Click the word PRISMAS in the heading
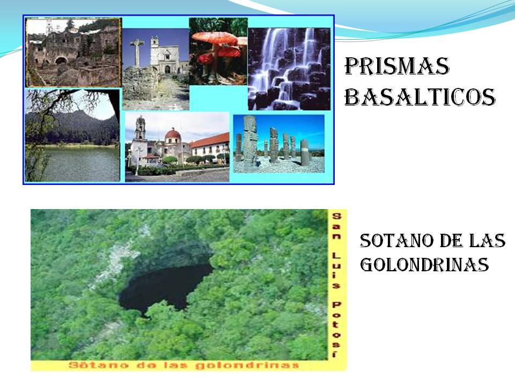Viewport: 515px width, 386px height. (396, 67)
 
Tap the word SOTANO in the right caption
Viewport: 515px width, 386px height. (384, 242)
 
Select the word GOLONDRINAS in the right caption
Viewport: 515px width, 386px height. (424, 264)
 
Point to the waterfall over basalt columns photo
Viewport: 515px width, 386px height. (289, 69)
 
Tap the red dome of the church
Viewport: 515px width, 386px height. (173, 134)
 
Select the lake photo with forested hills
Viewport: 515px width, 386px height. (72, 136)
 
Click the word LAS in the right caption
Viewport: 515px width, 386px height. (488, 242)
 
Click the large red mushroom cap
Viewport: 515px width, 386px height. (215, 38)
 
